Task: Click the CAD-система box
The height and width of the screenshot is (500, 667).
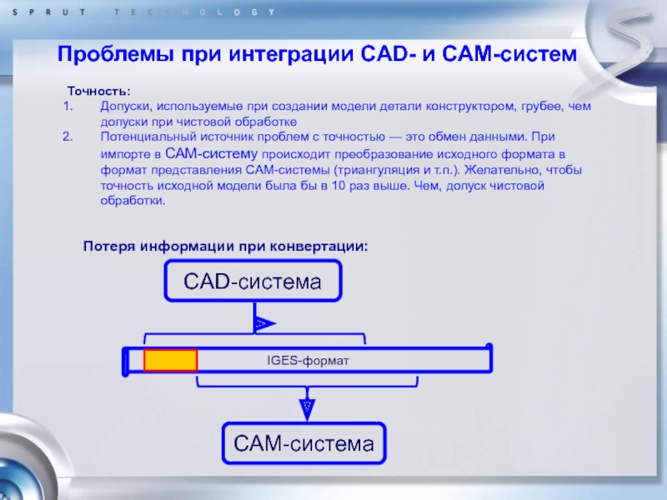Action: [x=253, y=281]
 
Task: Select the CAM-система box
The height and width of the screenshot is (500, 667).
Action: [x=303, y=443]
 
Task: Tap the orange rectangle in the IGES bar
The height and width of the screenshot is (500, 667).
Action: [x=170, y=360]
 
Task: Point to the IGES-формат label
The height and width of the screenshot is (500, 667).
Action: [x=307, y=361]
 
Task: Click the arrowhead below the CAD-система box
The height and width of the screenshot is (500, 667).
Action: [x=261, y=322]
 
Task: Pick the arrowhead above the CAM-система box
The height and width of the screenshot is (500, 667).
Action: [x=307, y=407]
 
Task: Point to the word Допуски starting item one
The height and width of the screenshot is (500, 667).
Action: [x=124, y=107]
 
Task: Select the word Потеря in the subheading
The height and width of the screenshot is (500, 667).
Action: [x=108, y=247]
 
